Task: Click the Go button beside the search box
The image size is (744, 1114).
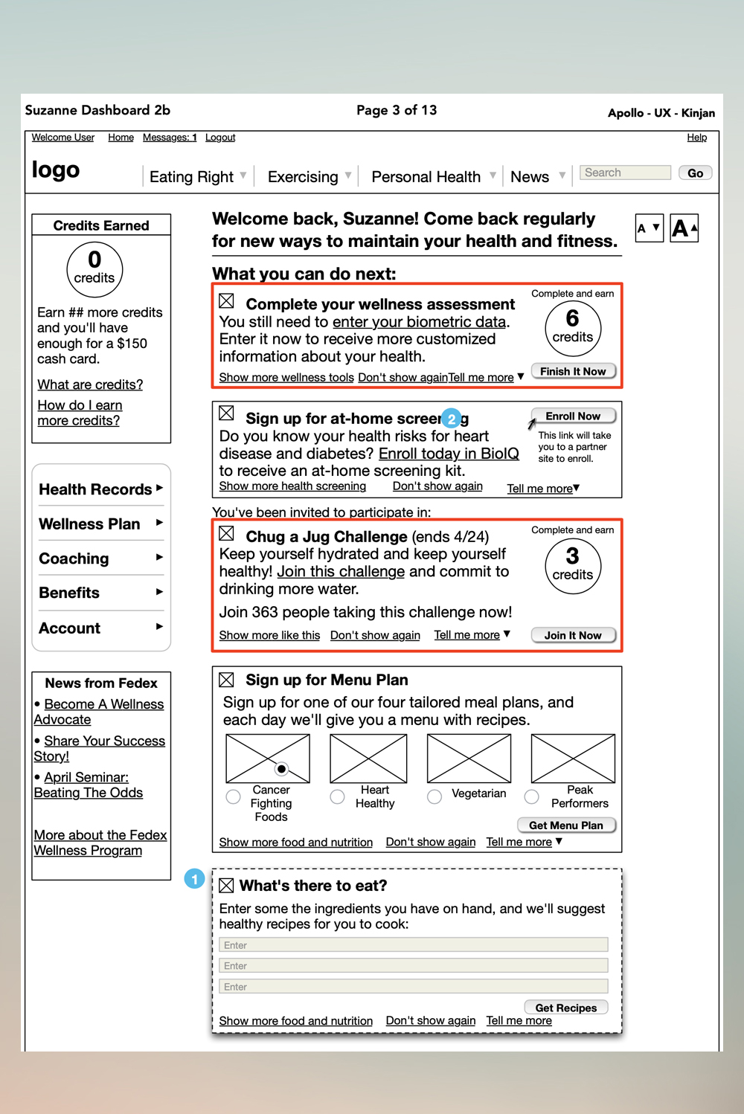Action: coord(695,173)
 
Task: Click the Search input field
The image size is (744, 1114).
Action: coord(625,173)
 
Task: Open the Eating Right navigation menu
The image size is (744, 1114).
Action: coord(197,177)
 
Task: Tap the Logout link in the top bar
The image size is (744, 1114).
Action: coord(220,138)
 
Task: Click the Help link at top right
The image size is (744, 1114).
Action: coord(696,138)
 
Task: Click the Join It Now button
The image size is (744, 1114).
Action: coord(573,635)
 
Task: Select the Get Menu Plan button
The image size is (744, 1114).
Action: coord(566,825)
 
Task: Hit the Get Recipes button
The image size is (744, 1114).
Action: coord(566,1008)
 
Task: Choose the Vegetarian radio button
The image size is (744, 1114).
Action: coord(434,796)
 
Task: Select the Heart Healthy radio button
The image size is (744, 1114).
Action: coord(338,796)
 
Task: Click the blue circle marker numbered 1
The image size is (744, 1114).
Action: coord(194,879)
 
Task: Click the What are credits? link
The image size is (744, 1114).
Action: coord(90,384)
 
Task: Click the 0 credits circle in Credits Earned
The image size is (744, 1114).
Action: coord(94,269)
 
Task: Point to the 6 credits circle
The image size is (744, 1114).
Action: coord(573,328)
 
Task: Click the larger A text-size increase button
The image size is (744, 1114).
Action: coord(684,228)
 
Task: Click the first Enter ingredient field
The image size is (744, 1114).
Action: coord(414,945)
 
